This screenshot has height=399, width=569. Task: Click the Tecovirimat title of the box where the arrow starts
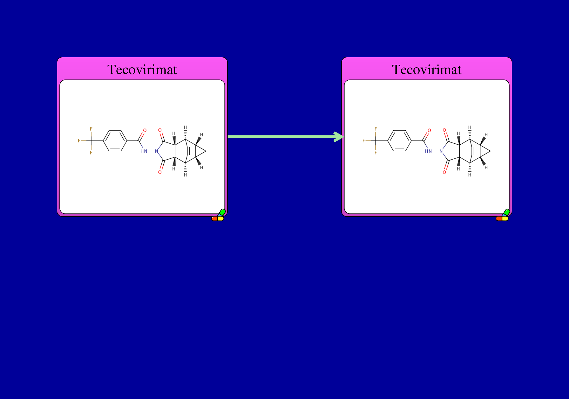142,70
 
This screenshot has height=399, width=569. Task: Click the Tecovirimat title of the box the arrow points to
426,70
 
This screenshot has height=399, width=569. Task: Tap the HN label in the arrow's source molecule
144,151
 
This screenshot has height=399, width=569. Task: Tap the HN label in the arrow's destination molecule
428,151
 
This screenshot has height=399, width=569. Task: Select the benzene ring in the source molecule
115,141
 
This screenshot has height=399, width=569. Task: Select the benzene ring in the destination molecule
399,141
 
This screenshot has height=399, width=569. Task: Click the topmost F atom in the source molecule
91,129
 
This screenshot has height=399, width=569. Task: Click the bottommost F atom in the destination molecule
376,153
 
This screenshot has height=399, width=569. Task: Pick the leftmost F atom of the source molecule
79,141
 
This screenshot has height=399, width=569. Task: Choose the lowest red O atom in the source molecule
160,172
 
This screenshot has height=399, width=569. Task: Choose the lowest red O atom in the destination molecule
444,172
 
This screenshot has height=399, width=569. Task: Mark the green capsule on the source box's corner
222,212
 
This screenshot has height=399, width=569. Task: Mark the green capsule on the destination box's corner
506,212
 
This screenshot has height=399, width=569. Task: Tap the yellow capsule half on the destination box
505,219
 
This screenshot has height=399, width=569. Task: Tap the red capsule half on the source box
214,219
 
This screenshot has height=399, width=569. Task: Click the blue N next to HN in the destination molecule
441,151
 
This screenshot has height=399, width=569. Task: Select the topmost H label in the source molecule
185,127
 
